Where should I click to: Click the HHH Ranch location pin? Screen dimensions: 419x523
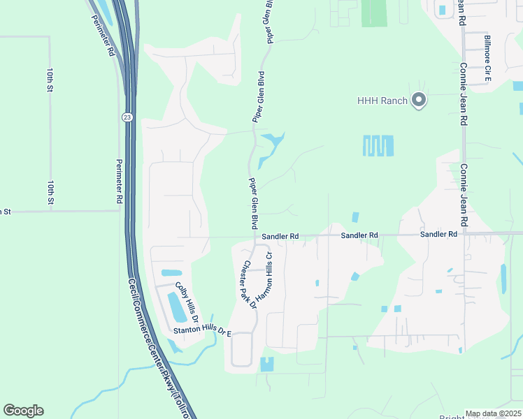click(x=419, y=101)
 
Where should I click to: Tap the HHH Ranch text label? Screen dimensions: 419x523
click(x=382, y=101)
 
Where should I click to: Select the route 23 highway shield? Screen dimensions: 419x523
click(x=126, y=116)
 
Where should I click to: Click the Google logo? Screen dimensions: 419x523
click(x=23, y=411)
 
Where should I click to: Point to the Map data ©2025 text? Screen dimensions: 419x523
click(x=493, y=413)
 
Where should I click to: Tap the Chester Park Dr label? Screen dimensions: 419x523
click(x=250, y=285)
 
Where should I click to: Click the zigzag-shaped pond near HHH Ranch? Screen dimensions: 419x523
click(x=378, y=146)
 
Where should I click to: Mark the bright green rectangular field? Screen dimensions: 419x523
click(x=374, y=13)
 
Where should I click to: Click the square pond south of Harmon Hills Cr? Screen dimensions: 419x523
click(x=267, y=364)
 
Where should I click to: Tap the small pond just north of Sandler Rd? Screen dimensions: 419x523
click(x=355, y=218)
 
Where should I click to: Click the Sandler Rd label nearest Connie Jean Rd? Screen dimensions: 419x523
click(x=438, y=235)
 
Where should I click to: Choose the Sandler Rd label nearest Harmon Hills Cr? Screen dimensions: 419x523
click(x=280, y=237)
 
